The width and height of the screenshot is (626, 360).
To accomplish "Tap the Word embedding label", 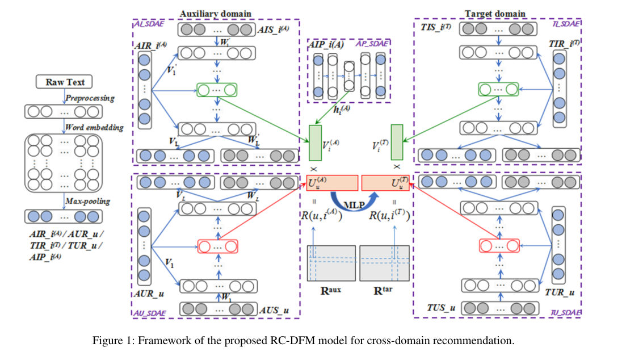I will pyautogui.click(x=94, y=128).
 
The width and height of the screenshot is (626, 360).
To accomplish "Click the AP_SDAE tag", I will pyautogui.click(x=368, y=43).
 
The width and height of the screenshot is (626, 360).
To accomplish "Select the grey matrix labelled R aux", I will pyautogui.click(x=331, y=263).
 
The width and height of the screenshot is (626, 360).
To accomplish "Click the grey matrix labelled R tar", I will pyautogui.click(x=384, y=263).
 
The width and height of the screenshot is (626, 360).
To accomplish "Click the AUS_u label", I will pyautogui.click(x=276, y=311).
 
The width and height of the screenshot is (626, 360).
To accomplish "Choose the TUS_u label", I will pyautogui.click(x=441, y=308).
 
